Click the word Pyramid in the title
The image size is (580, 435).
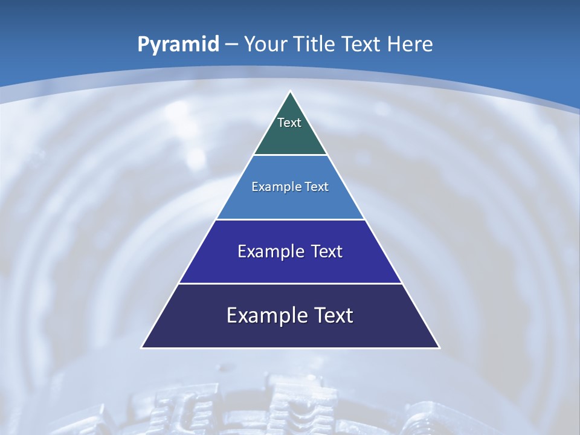(x=178, y=44)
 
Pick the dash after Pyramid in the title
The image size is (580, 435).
(x=231, y=45)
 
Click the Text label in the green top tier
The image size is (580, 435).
(x=289, y=123)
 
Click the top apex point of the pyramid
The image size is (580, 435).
(x=291, y=92)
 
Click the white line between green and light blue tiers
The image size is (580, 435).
(x=291, y=155)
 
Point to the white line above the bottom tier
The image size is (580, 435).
(x=291, y=283)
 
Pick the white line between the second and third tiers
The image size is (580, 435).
(x=291, y=219)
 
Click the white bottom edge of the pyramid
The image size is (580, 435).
(x=291, y=348)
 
